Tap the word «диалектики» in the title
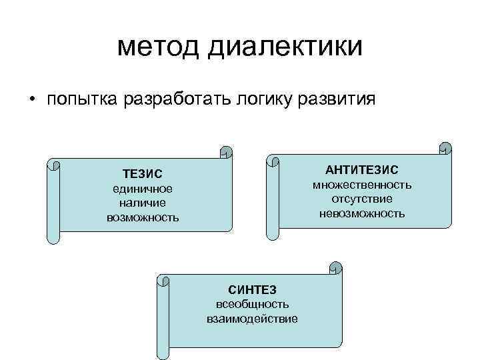[286, 48]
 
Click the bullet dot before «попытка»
[31, 100]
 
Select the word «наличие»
[143, 203]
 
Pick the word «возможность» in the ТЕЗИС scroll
[143, 217]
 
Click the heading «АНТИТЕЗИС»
[362, 171]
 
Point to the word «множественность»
[362, 185]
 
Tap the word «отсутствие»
[362, 199]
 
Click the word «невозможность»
[362, 213]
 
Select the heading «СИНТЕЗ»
[252, 289]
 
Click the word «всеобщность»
[252, 304]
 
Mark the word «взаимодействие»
[252, 318]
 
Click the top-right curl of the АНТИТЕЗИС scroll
[445, 149]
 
